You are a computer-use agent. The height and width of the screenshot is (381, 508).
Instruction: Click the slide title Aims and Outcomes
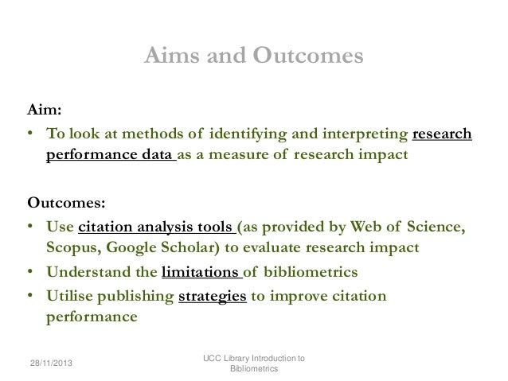tap(253, 57)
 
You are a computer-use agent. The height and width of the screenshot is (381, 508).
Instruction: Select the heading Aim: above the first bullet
tap(44, 111)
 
